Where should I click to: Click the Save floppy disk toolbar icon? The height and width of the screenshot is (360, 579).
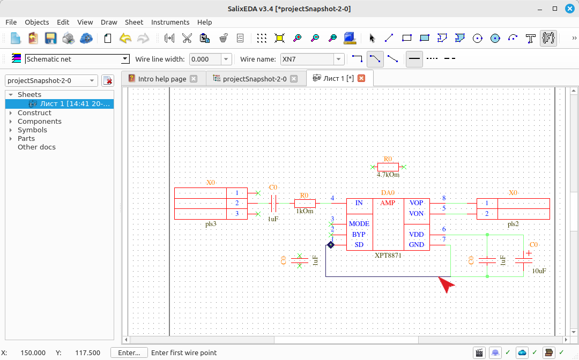(50, 38)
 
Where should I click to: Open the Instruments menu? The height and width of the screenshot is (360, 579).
(170, 22)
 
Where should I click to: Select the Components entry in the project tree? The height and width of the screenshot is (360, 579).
(40, 122)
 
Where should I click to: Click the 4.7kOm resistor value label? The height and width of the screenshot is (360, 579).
(388, 175)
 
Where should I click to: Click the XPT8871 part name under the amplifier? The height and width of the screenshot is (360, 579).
(388, 255)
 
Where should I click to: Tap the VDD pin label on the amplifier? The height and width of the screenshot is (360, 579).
(416, 235)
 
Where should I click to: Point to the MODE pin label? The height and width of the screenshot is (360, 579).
(359, 224)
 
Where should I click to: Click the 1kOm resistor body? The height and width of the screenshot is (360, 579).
(305, 203)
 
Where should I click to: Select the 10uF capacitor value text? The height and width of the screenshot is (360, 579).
(539, 271)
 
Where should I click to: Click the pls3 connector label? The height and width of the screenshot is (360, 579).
(211, 224)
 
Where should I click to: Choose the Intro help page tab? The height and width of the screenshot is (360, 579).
(162, 79)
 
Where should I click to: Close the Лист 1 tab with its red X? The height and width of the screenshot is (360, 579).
(361, 78)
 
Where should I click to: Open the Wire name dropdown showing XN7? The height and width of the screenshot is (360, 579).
(338, 59)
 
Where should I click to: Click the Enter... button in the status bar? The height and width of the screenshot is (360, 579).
(129, 352)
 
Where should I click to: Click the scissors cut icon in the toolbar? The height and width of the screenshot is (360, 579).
(187, 38)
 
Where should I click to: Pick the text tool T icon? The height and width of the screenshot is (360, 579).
(530, 38)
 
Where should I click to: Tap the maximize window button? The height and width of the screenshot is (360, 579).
(555, 9)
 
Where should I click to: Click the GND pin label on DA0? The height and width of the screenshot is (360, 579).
(416, 245)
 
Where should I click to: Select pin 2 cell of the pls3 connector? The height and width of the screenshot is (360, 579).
(237, 203)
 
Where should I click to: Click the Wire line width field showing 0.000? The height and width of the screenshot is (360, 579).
(205, 59)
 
